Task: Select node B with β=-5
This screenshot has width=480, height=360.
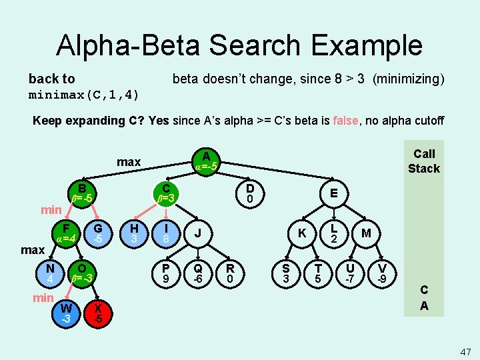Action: (82, 193)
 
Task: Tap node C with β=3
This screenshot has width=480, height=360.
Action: (166, 193)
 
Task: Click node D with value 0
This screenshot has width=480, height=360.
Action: (249, 193)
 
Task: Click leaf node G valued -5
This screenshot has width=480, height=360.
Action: (98, 233)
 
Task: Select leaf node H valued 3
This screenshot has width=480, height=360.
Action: (133, 233)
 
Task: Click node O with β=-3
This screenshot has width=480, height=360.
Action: (82, 271)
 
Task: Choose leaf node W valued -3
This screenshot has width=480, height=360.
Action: (66, 313)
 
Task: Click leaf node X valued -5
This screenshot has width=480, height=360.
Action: (98, 313)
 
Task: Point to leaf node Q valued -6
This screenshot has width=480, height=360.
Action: (198, 271)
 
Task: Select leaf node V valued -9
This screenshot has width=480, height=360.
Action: (382, 271)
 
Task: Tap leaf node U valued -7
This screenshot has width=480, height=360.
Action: (349, 271)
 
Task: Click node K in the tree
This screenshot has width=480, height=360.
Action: (302, 233)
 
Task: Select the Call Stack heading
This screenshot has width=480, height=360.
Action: (424, 161)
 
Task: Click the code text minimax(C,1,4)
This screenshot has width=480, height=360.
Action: (84, 95)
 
